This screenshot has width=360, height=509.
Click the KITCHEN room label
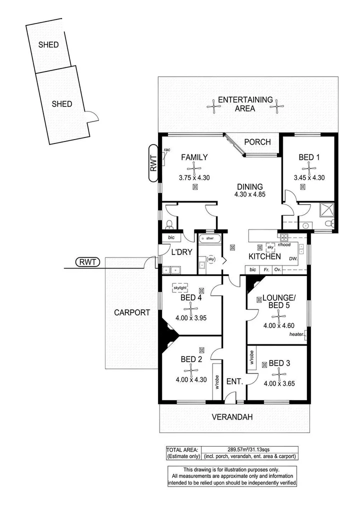pos(264,256)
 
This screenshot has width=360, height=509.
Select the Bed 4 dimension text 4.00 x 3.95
pos(191,318)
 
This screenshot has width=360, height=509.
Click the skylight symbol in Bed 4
pos(180,287)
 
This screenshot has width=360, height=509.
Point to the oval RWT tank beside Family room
pos(153,163)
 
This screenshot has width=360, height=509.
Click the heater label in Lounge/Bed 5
pos(296,334)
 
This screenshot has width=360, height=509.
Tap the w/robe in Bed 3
pos(252,358)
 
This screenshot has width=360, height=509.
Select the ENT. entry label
pos(234,382)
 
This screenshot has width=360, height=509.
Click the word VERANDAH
pos(232,417)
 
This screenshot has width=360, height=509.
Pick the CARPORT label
pos(132,312)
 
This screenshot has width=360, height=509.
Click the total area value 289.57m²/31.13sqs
pos(248,450)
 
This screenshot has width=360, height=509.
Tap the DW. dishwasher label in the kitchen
pos(293,258)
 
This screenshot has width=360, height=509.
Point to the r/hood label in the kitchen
pos(284,245)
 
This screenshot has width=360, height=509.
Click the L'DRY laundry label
pos(182,252)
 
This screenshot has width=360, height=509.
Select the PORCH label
pos(257,142)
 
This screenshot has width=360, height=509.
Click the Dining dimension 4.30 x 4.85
pos(249,194)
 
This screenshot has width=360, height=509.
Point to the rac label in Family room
pos(167,149)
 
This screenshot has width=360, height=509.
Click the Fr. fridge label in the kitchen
pos(266,270)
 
